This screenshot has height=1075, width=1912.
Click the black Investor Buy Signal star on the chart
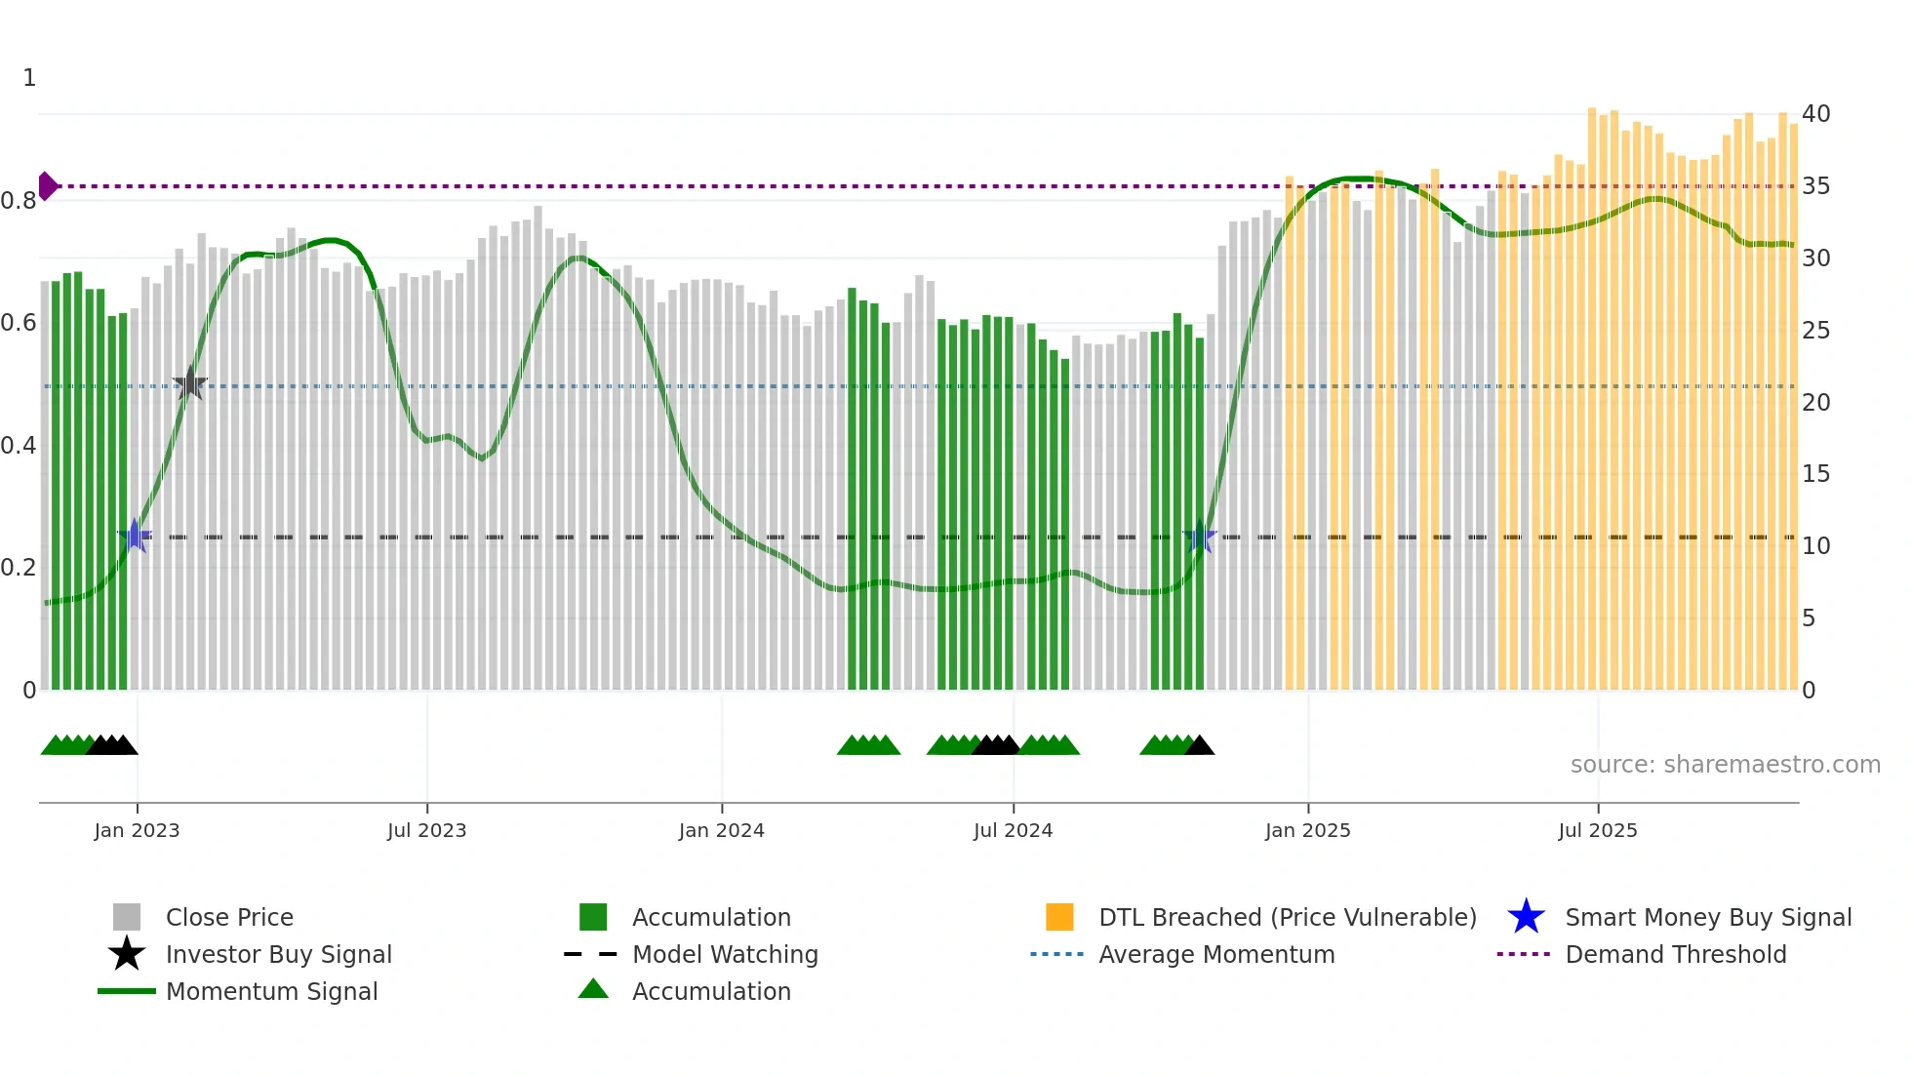click(x=190, y=384)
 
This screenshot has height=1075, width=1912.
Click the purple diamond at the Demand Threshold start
click(x=48, y=185)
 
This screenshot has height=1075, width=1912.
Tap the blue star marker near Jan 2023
click(x=135, y=536)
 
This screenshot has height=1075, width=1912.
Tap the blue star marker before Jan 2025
click(x=1200, y=537)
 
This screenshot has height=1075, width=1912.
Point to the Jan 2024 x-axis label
click(x=721, y=830)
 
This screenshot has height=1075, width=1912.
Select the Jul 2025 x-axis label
click(x=1597, y=830)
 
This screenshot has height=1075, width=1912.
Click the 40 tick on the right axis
click(x=1815, y=114)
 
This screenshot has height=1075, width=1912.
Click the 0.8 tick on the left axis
click(x=19, y=201)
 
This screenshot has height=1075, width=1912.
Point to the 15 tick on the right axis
click(x=1815, y=474)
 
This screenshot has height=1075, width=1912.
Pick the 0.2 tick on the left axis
click(x=19, y=568)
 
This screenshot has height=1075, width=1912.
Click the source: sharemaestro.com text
click(x=1725, y=765)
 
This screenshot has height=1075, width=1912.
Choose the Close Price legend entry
click(x=228, y=917)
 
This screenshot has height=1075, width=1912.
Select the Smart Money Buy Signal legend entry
click(x=1707, y=917)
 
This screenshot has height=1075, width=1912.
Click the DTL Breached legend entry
click(x=1287, y=917)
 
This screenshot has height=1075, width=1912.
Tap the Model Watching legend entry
click(x=724, y=954)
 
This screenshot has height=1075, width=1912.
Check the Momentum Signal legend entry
click(x=271, y=991)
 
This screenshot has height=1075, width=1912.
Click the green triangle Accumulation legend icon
click(x=593, y=989)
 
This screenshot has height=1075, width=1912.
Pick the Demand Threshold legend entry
click(x=1675, y=954)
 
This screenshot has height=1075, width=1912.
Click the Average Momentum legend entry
click(x=1215, y=954)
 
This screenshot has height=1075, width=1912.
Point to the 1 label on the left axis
click(x=29, y=78)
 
